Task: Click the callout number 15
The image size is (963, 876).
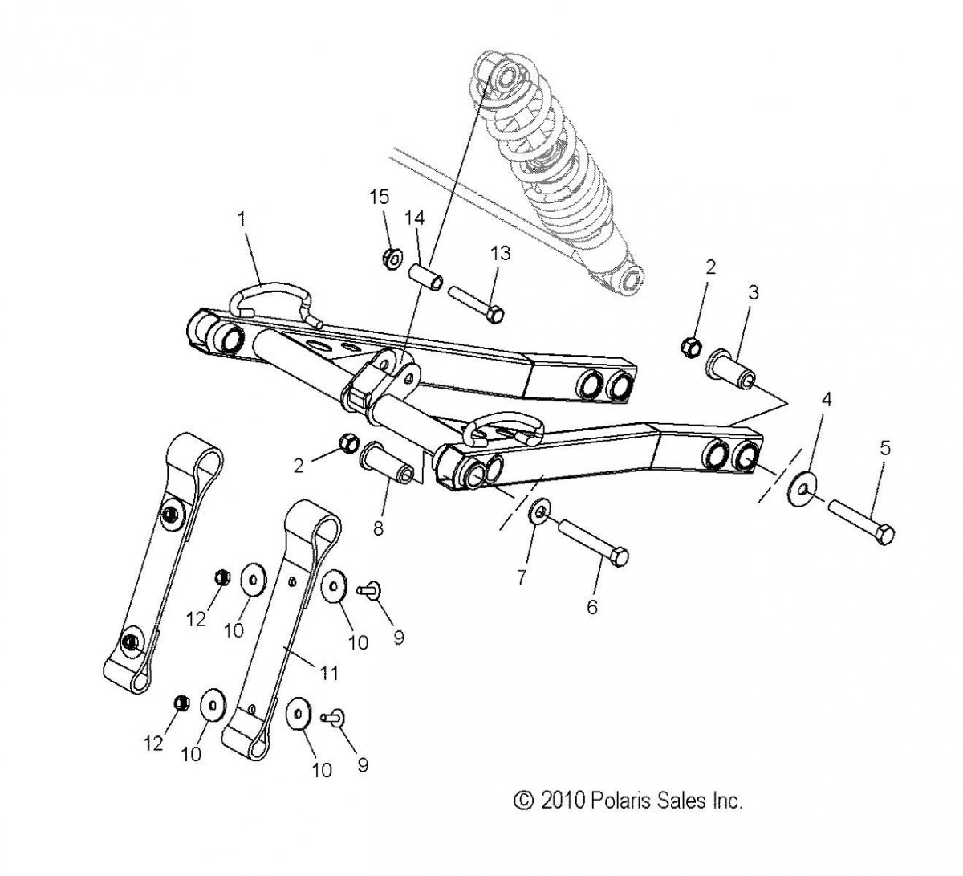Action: point(379,197)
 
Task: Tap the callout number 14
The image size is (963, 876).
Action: point(414,218)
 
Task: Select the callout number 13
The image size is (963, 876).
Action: point(500,253)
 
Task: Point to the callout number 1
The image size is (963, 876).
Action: point(242,219)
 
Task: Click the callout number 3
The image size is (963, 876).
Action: point(754,292)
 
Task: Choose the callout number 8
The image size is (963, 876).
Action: point(378,528)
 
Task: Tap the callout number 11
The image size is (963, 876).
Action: point(329,673)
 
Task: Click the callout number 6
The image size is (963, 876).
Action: point(592,607)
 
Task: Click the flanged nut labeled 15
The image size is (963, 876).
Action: point(392,259)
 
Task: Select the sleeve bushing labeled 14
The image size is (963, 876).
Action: point(425,277)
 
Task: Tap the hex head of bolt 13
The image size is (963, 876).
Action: point(494,315)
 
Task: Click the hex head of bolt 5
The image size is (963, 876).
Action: point(885,534)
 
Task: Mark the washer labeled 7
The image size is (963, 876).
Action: point(539,512)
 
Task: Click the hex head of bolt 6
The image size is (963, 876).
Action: point(620,556)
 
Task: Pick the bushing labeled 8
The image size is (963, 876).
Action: point(385,462)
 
